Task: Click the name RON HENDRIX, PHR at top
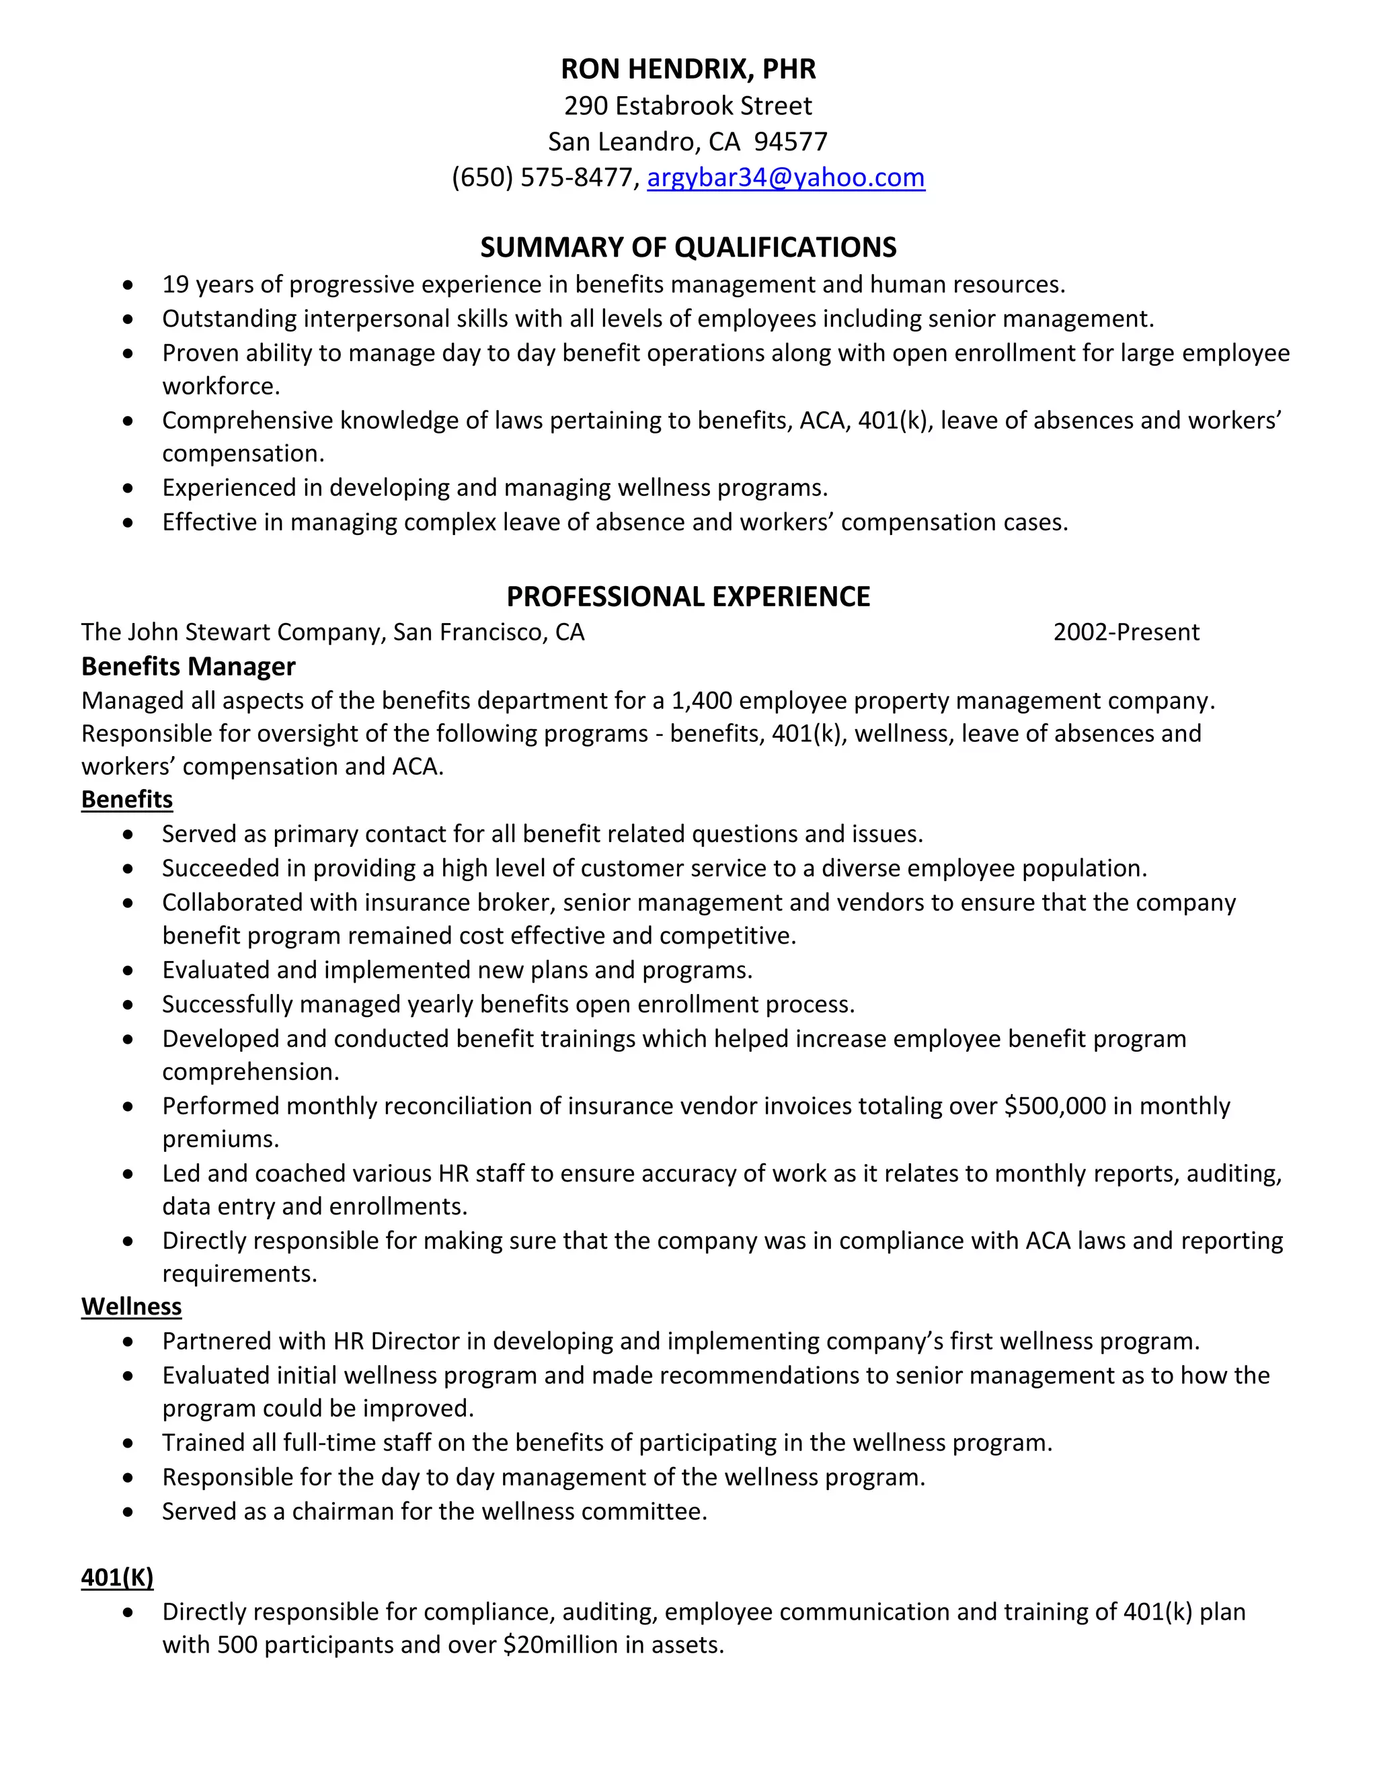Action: tap(688, 69)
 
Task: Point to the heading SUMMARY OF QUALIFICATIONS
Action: tap(688, 247)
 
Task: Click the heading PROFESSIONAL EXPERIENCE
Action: tap(688, 596)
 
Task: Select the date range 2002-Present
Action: tap(1126, 632)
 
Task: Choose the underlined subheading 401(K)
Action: tap(118, 1577)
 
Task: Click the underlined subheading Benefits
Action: tap(126, 799)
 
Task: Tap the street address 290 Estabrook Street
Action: tap(688, 106)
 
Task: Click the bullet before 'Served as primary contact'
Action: tap(128, 834)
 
